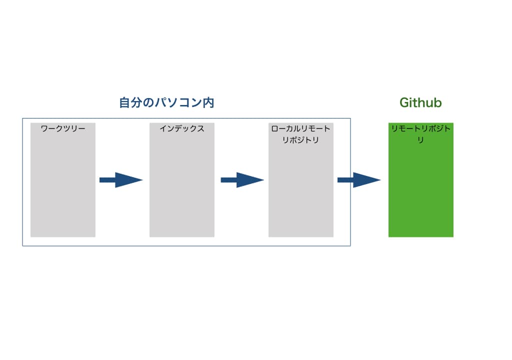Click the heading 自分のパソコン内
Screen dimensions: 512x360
166,102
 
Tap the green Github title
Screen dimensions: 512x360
420,102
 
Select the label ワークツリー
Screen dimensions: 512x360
63,128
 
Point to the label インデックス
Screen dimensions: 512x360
182,128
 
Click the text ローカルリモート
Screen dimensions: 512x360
300,128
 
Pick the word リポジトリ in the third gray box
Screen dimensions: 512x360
300,140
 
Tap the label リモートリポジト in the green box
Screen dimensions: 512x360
421,128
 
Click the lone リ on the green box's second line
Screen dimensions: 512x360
420,140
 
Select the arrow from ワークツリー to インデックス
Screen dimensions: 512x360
121,180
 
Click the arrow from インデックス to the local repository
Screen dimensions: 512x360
242,180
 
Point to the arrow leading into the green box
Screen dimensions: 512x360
359,180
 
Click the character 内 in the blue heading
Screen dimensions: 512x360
208,102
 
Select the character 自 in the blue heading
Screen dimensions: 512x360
124,102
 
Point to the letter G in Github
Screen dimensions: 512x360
405,102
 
